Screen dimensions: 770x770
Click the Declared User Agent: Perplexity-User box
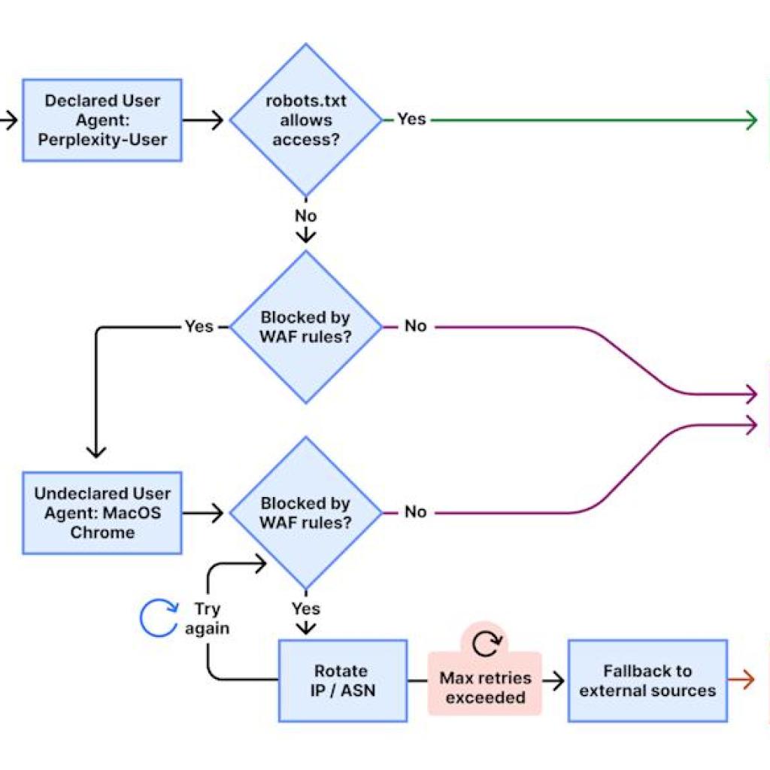tap(102, 120)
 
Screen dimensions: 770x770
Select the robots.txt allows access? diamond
tap(305, 120)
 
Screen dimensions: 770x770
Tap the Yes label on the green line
tap(411, 119)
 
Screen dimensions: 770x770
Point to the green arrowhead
tap(750, 120)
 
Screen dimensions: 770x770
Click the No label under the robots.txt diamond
tap(305, 216)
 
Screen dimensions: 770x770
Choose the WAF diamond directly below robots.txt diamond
tap(305, 327)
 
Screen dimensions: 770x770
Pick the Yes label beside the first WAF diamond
tap(199, 326)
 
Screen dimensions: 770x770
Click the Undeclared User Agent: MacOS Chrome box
tap(102, 513)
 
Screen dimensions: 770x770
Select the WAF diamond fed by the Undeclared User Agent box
tap(305, 513)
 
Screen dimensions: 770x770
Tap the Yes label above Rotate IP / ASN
tap(305, 608)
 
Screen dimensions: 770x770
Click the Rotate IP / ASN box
tap(342, 681)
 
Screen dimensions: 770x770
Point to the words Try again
tap(207, 618)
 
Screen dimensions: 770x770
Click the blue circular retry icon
tap(159, 617)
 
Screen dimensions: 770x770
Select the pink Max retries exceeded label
tap(485, 687)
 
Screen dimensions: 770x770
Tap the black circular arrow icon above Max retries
tap(485, 643)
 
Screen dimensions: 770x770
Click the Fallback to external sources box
tap(647, 681)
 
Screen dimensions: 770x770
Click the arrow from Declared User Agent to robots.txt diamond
tap(204, 120)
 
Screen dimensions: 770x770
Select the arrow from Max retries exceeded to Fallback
tap(553, 681)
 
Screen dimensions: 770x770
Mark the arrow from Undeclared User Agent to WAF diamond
tap(204, 514)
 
